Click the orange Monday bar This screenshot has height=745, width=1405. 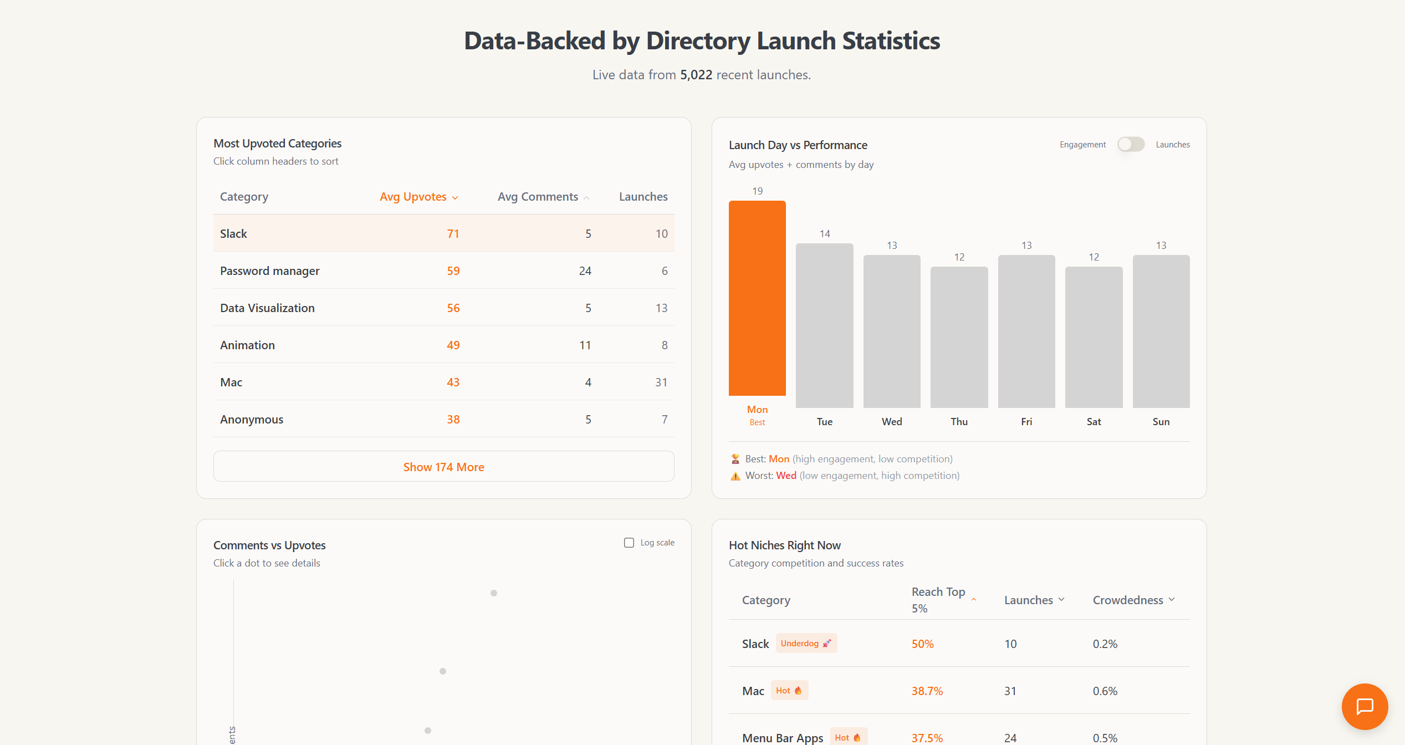(x=757, y=298)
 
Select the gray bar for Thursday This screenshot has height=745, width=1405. (x=959, y=337)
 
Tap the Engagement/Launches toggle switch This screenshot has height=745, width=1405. (x=1131, y=145)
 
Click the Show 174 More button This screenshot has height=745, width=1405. (x=443, y=467)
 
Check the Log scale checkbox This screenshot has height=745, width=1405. (x=629, y=543)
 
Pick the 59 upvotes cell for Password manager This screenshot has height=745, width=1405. (x=453, y=271)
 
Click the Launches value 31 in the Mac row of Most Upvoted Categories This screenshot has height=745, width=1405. (x=661, y=382)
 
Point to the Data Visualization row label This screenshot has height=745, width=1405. (x=267, y=308)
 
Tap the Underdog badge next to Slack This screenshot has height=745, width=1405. (x=806, y=644)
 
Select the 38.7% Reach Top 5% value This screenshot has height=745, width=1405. (x=927, y=691)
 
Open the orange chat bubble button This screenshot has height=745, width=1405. (x=1365, y=707)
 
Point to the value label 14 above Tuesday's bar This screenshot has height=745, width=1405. (x=825, y=234)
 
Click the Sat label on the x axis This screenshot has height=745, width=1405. (x=1094, y=422)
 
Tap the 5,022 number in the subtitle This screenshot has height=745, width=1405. (x=696, y=75)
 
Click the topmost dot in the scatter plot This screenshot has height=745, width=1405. (x=494, y=593)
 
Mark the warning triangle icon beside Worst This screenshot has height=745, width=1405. (x=735, y=476)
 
